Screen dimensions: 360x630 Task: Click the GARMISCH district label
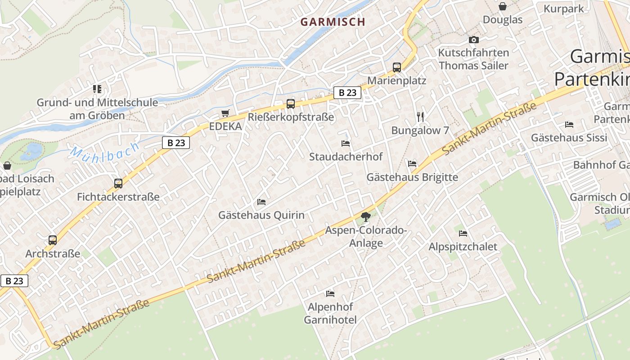[333, 22]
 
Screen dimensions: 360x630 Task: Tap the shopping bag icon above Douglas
[503, 6]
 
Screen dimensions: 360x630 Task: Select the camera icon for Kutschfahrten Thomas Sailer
[473, 40]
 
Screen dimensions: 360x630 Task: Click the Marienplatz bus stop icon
[396, 67]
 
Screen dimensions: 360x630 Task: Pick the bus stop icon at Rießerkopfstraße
[291, 104]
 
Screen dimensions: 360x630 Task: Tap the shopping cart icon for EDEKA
[225, 113]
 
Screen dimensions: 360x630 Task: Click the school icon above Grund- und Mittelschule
[97, 89]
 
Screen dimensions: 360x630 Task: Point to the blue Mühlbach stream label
[104, 152]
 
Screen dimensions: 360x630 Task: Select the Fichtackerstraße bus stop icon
[118, 183]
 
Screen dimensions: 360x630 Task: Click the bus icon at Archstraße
[53, 240]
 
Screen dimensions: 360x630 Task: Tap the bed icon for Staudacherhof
[346, 143]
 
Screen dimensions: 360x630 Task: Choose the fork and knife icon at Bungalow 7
[420, 117]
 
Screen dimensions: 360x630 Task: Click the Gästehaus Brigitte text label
[412, 177]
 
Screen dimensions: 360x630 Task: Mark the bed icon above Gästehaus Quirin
[261, 202]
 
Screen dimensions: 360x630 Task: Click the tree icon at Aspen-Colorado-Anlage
[366, 217]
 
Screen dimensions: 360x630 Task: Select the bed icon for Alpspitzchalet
[463, 233]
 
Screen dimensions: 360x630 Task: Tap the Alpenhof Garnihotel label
[330, 313]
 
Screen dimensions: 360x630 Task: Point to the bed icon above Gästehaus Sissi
[569, 124]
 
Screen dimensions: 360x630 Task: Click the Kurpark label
[563, 9]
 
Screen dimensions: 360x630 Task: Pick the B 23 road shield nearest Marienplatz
[347, 93]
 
